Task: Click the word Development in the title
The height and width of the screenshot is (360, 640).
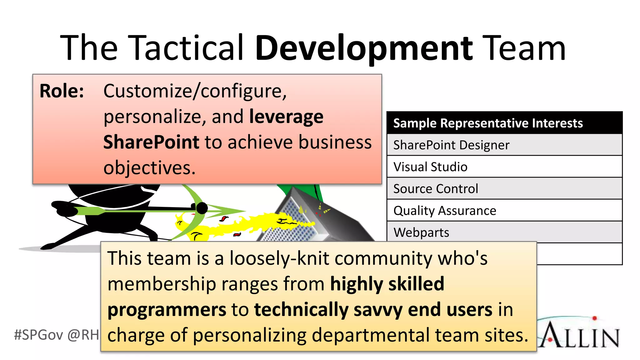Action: coord(364,48)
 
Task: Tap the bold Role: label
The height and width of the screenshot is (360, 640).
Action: coord(62,91)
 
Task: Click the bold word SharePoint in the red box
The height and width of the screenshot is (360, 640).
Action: coord(151,142)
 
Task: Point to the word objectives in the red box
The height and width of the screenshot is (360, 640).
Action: coord(149,168)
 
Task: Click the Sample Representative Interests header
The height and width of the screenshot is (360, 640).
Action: coord(488,123)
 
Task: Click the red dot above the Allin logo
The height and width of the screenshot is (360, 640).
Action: coord(594,318)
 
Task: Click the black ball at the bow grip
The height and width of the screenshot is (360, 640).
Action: coord(202,208)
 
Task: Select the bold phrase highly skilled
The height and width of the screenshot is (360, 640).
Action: coord(387,284)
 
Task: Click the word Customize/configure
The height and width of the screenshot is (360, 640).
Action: coord(195,91)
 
